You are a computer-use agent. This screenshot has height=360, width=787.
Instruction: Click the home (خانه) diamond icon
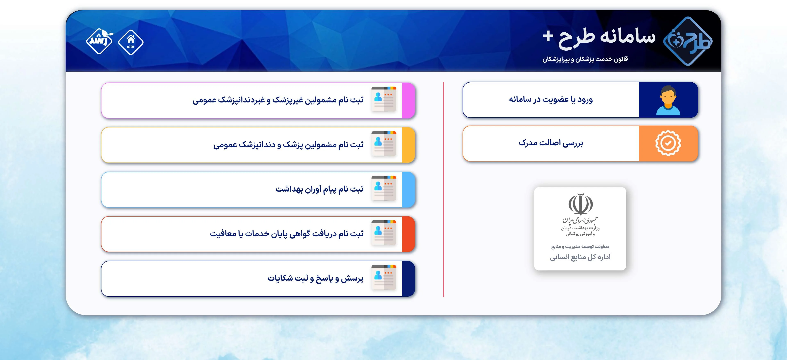[x=131, y=42]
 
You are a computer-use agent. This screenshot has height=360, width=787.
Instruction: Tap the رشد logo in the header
[x=99, y=41]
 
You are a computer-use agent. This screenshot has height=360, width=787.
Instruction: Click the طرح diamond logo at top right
[x=687, y=41]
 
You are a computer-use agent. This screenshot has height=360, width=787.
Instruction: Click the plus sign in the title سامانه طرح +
[x=548, y=36]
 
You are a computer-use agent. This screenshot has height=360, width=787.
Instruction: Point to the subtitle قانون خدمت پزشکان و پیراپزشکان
[x=585, y=59]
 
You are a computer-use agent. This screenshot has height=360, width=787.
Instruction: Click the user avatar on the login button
[x=668, y=100]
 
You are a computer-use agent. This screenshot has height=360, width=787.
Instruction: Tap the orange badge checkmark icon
[x=668, y=143]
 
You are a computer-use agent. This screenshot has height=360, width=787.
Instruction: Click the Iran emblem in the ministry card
[x=580, y=204]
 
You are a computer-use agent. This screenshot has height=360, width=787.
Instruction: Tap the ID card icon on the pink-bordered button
[x=384, y=99]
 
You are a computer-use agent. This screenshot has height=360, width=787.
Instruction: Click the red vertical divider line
[x=444, y=189]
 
